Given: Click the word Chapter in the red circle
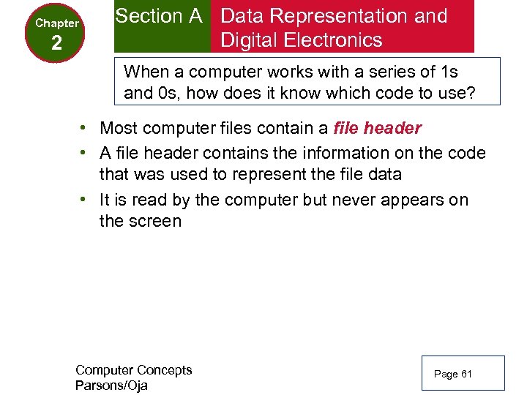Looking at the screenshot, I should point(57,23).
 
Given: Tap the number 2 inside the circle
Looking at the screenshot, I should point(57,45).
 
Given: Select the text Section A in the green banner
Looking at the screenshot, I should point(159,16).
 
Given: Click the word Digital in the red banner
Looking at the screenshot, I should point(251,40).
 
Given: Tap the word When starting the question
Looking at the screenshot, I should point(146,72).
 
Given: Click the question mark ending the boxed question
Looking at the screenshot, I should point(482,94).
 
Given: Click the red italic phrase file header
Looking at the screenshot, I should point(377,129).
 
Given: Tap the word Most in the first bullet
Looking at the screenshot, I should point(119,129).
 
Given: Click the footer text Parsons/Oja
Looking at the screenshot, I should point(111,385).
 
